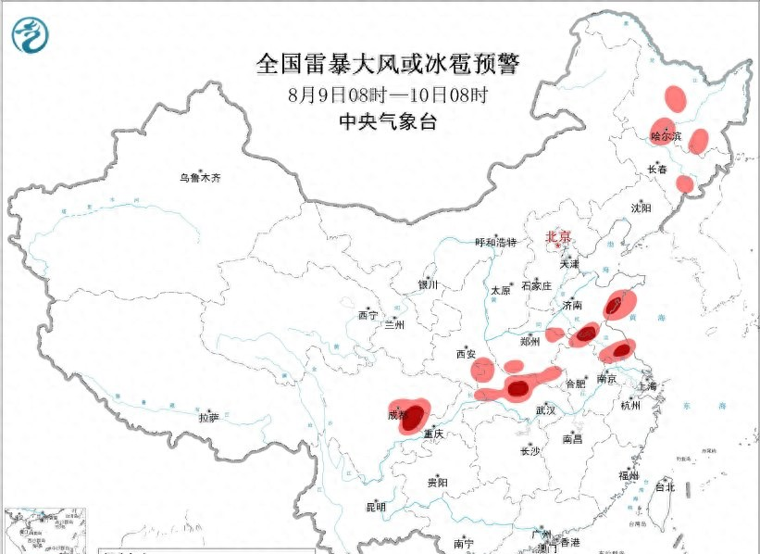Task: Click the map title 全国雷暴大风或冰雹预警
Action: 388,65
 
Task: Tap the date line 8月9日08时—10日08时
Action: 388,94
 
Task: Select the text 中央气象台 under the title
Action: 388,121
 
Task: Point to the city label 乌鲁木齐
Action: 202,177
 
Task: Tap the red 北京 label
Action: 558,237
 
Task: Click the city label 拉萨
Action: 208,418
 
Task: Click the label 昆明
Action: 375,507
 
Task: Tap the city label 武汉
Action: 545,409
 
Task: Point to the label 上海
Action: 651,386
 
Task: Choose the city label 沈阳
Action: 642,208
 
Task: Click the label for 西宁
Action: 368,316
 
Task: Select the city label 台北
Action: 665,486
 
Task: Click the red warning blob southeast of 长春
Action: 684,183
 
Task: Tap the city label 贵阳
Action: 438,483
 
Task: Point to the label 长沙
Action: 530,451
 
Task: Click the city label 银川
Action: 427,285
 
